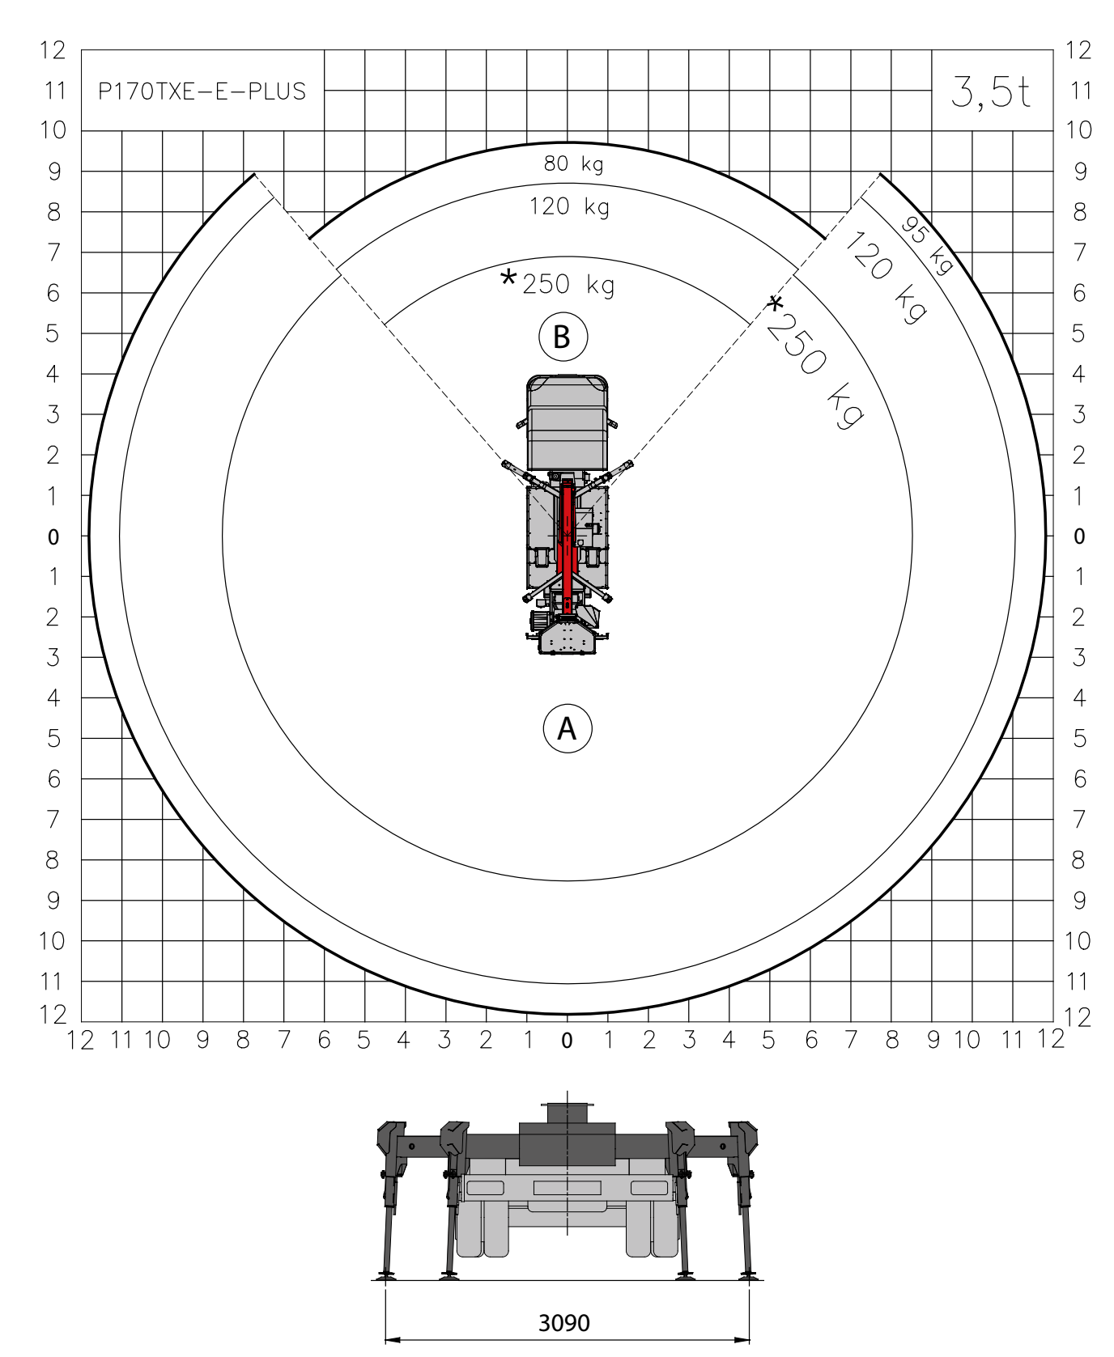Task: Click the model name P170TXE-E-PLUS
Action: [x=202, y=91]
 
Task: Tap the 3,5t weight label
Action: [x=991, y=91]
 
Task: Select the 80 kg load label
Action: [x=573, y=164]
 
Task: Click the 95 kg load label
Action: [x=928, y=245]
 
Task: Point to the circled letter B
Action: [x=563, y=337]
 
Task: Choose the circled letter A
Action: [x=568, y=728]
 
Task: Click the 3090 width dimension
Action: [x=564, y=1323]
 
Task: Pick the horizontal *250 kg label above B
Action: [x=558, y=283]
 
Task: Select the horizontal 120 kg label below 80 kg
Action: [x=569, y=207]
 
